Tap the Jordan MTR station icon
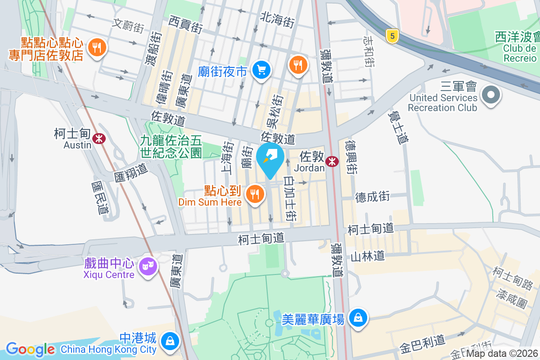333,162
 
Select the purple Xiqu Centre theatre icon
147,266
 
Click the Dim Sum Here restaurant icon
255,194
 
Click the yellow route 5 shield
393,36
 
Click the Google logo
30,349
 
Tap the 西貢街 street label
185,24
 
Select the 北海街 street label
277,19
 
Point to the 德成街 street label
372,197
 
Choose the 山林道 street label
368,256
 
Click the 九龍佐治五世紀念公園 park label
171,147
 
